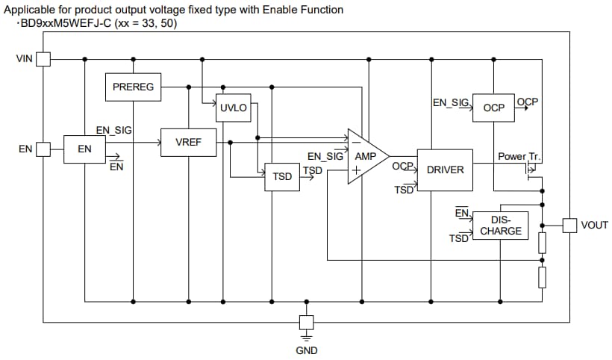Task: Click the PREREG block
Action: [133, 87]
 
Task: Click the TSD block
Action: [282, 177]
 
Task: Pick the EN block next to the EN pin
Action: [84, 149]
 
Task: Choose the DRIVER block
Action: [445, 170]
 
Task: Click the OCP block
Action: [493, 108]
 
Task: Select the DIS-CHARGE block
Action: [500, 226]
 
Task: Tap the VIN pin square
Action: [43, 58]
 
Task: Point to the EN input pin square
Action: [43, 149]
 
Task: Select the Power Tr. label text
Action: [519, 157]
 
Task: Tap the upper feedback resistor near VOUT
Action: [543, 242]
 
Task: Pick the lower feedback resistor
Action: [543, 277]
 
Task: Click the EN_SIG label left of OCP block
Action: [450, 102]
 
